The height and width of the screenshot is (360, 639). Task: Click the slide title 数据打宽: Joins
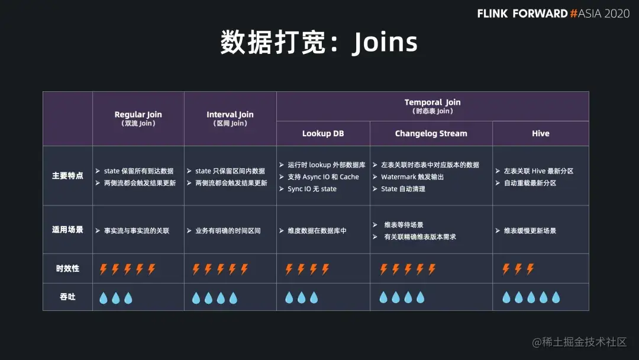tap(319, 43)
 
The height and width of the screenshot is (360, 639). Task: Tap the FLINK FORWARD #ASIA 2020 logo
tap(553, 13)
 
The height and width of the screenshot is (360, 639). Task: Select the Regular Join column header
tap(138, 118)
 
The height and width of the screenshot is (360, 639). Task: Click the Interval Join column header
tap(230, 118)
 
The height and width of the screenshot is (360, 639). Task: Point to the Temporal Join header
tap(432, 106)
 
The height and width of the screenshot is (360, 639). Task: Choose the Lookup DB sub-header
tap(323, 134)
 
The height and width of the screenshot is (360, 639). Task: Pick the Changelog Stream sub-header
tap(431, 134)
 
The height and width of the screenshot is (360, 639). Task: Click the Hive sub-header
tap(540, 134)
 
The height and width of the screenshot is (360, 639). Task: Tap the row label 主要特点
tap(67, 176)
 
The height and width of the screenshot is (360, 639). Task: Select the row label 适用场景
tap(67, 230)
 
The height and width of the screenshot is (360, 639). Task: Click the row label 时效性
tap(67, 269)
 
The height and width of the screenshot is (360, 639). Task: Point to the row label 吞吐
tap(67, 297)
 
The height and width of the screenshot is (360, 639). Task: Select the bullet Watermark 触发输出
tap(412, 177)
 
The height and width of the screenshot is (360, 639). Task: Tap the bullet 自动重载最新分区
tap(530, 183)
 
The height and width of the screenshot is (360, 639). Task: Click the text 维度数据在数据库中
tap(317, 230)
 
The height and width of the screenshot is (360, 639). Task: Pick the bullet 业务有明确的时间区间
tap(228, 230)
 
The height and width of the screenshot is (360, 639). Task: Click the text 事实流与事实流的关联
tap(137, 230)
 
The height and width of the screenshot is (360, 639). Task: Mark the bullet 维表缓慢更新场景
tap(530, 230)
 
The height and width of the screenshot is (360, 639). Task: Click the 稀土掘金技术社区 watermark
tap(579, 342)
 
